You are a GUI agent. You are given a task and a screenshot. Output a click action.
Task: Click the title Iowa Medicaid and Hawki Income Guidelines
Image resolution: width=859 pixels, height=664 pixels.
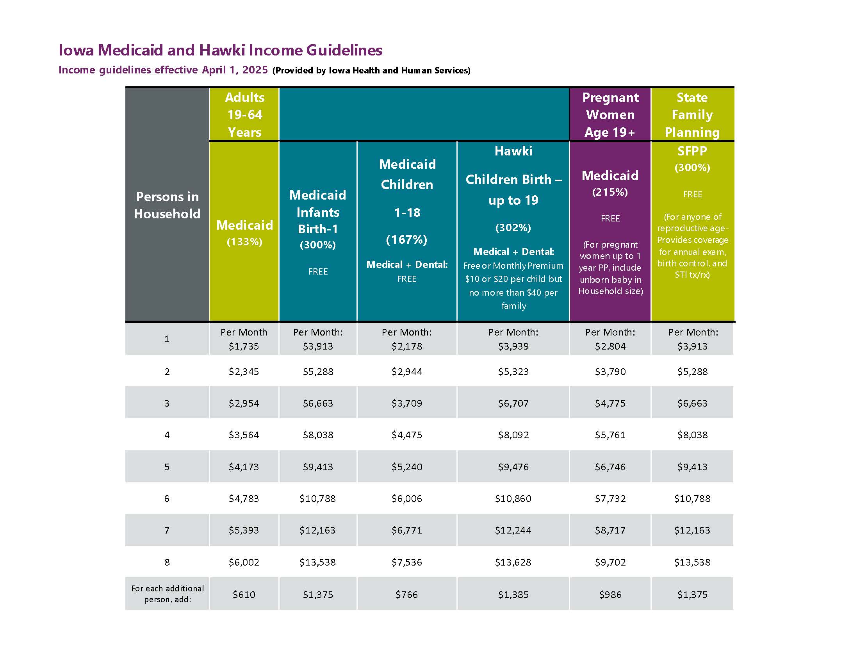220,50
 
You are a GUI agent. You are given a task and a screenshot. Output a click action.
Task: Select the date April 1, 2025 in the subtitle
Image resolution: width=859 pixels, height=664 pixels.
235,70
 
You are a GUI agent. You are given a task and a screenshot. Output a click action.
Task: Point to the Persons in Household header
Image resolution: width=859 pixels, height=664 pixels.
167,205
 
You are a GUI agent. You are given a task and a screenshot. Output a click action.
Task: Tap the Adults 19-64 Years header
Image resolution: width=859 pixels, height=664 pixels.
244,114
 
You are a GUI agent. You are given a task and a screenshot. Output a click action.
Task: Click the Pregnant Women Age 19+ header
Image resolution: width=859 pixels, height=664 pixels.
610,114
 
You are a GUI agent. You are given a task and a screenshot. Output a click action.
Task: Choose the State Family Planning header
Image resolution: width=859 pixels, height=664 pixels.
692,114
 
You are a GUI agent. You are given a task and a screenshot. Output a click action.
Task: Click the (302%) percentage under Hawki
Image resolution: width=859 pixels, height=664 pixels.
513,227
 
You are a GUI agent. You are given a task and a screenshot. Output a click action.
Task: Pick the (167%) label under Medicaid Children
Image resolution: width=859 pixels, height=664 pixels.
407,239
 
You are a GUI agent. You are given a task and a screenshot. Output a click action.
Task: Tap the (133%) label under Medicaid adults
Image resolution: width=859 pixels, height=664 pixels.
244,241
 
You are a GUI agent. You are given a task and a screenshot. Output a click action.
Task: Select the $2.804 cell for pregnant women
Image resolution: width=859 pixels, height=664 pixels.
610,346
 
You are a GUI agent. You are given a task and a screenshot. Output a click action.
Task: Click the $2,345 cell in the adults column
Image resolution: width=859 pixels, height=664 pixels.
244,372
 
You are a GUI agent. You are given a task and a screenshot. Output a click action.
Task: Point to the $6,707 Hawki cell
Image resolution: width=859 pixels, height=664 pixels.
513,403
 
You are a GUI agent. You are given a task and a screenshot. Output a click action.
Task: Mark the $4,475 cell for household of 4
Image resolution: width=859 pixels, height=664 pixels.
407,435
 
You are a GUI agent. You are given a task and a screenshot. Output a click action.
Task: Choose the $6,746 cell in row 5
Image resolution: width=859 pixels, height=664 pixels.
610,467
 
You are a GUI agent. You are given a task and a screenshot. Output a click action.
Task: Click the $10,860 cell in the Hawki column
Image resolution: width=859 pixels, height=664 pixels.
513,499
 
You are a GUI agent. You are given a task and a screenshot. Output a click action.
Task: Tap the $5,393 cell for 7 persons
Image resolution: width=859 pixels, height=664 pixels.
244,530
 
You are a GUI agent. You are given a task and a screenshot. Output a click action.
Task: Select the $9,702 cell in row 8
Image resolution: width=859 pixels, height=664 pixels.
610,562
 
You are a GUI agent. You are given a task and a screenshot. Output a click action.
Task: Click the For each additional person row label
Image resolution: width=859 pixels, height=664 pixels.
168,594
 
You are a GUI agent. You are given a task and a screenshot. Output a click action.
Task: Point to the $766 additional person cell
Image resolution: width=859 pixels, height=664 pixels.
407,594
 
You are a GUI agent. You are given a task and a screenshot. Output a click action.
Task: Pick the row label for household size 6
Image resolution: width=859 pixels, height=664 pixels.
167,499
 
